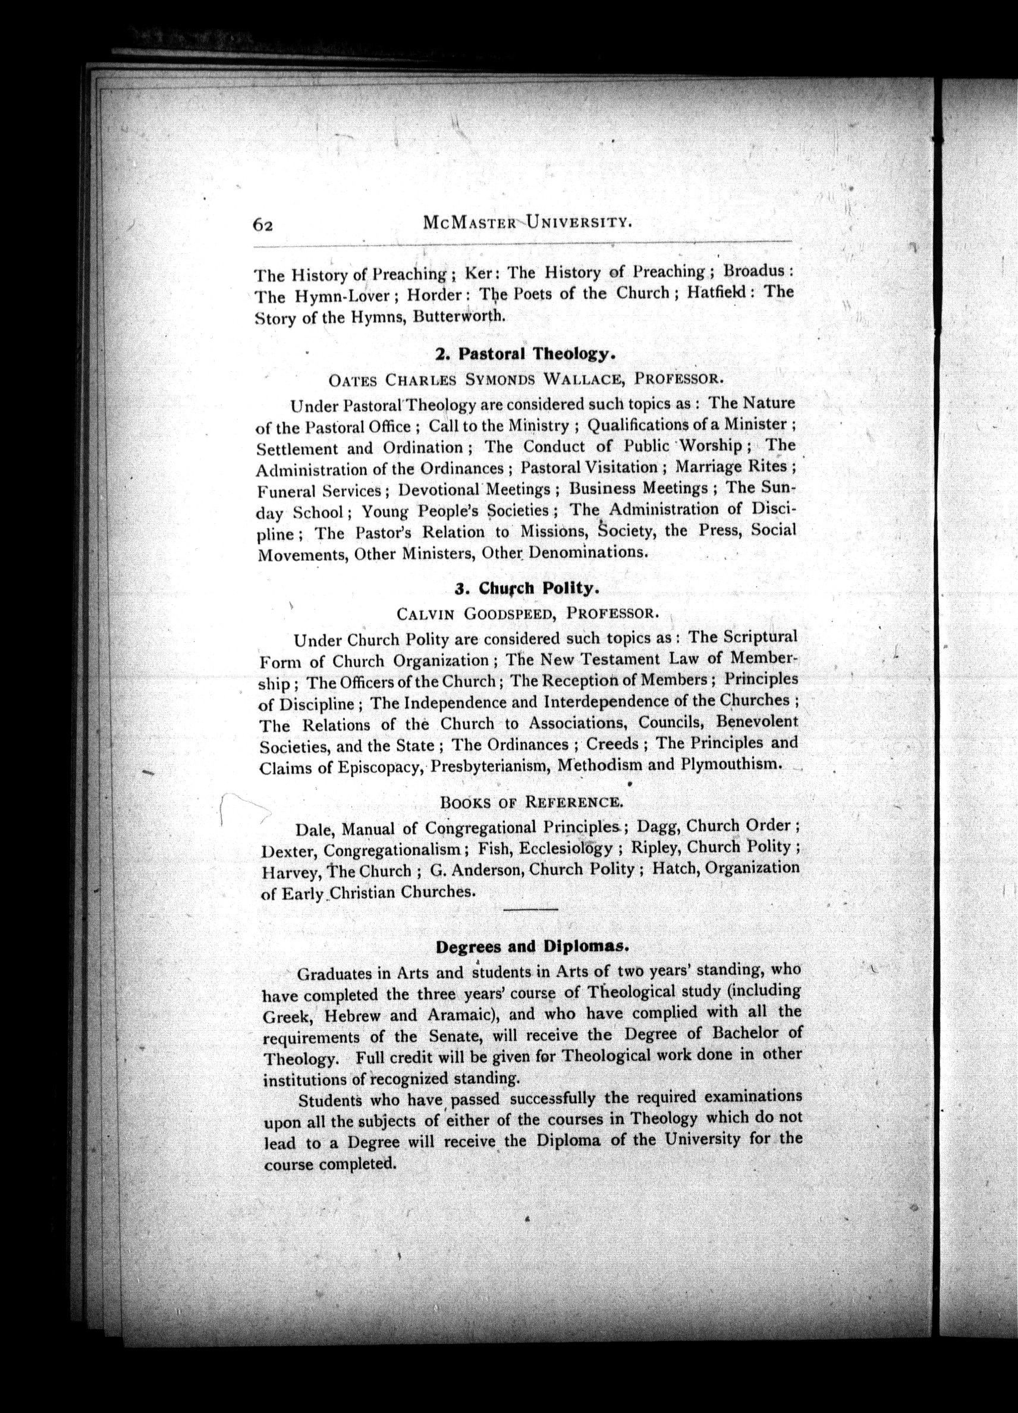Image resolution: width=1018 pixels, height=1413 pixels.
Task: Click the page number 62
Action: point(263,225)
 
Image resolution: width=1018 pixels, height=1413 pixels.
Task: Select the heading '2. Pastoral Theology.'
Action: point(526,354)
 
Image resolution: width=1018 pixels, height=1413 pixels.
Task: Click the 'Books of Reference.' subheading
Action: point(530,802)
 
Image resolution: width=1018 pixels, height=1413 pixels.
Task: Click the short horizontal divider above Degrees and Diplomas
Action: point(530,910)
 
